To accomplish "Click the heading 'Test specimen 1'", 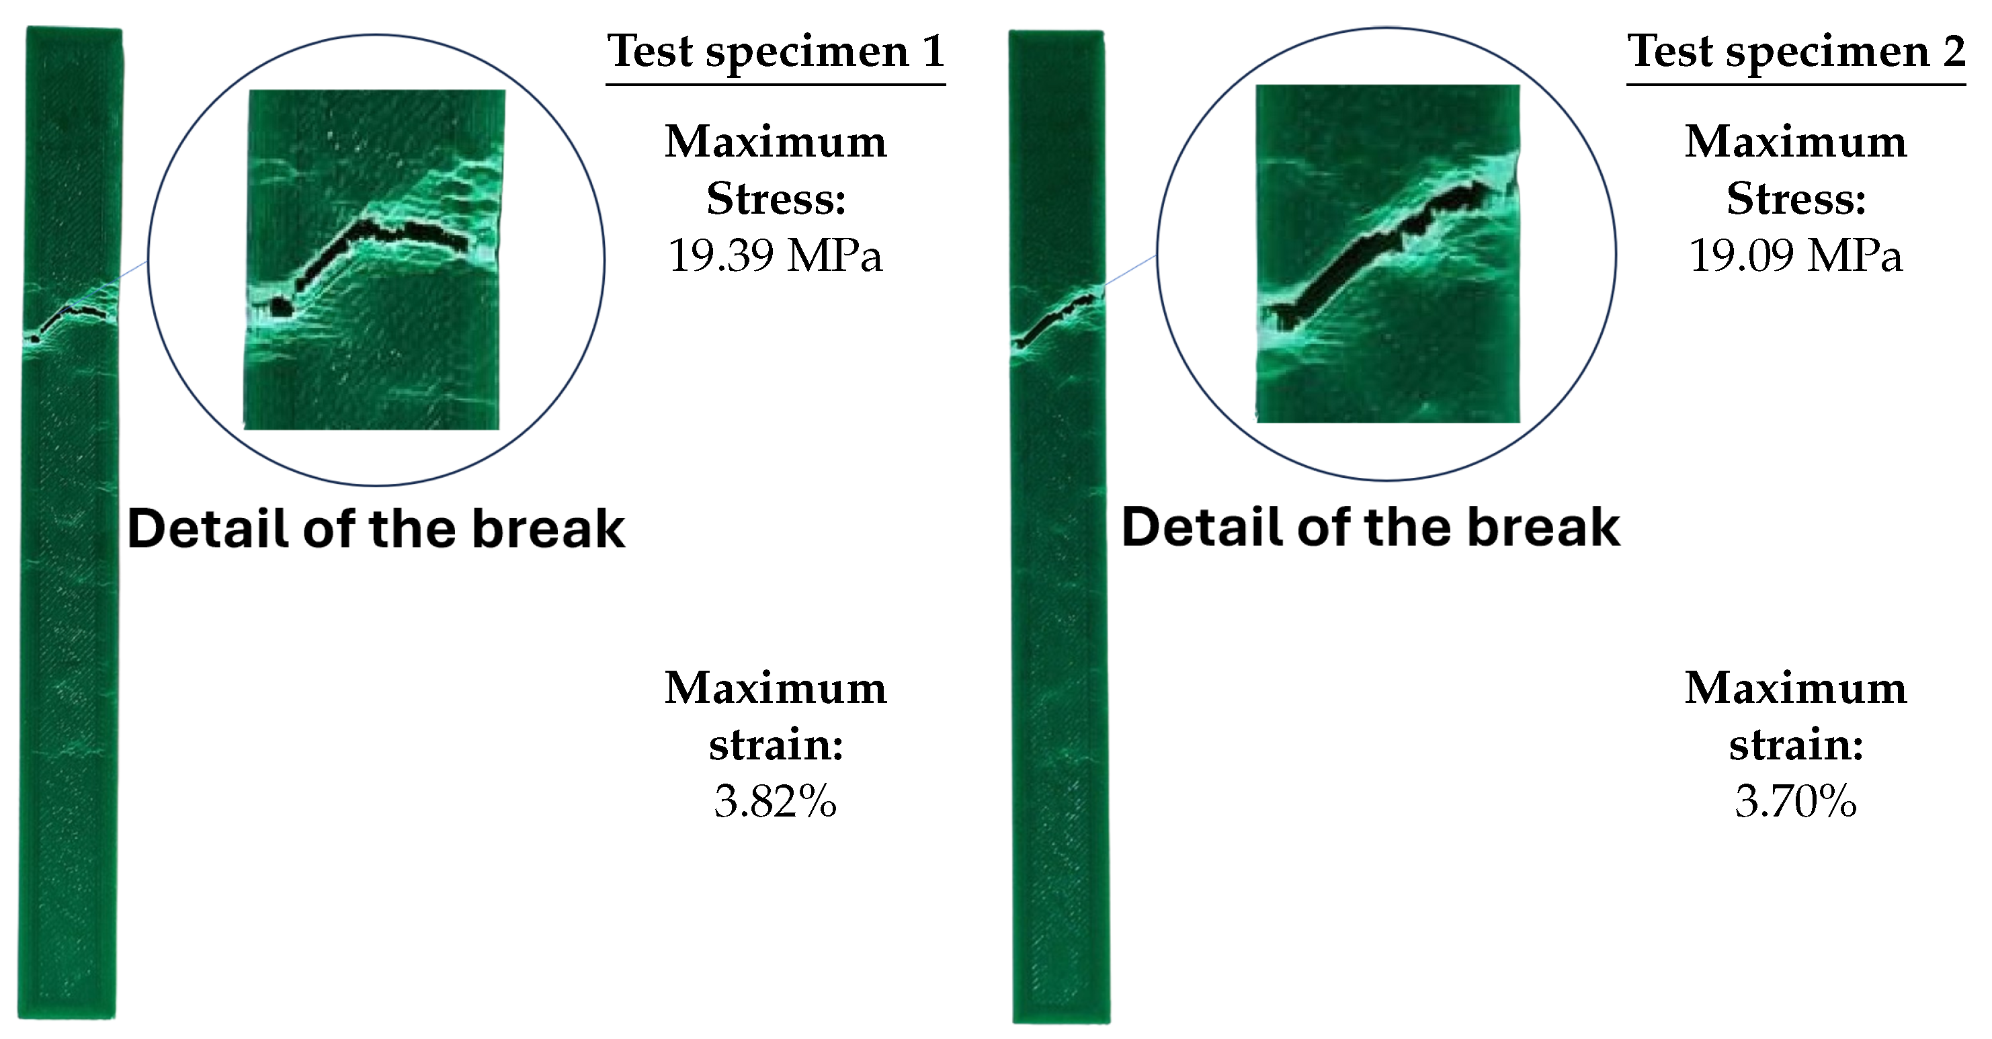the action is (776, 52).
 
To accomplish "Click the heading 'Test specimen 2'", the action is (1796, 52).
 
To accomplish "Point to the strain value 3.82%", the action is (776, 801).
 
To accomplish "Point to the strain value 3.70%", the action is (1796, 801).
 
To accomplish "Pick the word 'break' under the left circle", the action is (548, 530).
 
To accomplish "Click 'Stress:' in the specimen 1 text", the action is (776, 199).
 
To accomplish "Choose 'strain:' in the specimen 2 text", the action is (1796, 745).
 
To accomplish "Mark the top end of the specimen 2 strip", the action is (1056, 32).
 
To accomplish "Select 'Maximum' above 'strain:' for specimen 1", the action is (776, 688).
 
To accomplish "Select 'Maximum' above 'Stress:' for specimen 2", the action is (1796, 142).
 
